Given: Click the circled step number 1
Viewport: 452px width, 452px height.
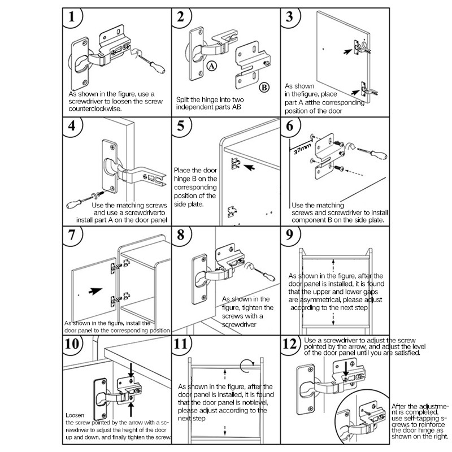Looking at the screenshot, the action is (x=71, y=19).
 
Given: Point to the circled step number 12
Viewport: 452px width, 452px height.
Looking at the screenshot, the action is (x=291, y=345).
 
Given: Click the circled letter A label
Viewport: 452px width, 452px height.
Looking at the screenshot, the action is (x=211, y=66).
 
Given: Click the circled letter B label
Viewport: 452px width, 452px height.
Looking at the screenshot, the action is (x=264, y=88).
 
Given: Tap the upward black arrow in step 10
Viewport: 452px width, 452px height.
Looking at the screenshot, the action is (x=132, y=405).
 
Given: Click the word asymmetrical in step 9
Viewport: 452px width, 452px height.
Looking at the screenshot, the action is (x=313, y=300).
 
